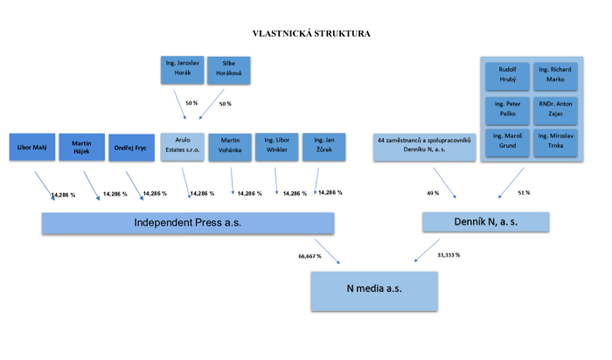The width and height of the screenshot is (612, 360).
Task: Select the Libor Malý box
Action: point(31,149)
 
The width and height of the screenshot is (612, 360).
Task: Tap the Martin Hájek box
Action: point(81,149)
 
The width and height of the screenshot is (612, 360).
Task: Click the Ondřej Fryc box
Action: point(131,149)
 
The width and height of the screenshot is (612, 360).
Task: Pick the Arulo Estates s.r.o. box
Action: point(182,147)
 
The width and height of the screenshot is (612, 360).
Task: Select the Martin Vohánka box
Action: point(230,147)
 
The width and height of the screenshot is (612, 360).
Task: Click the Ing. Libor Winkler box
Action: point(276,147)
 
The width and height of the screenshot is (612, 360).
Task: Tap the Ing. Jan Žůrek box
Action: point(323,147)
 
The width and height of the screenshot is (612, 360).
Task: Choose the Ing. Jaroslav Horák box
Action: point(181,70)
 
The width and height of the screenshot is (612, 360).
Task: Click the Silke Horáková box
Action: point(228,70)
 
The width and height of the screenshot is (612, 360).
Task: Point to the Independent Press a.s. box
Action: point(188,223)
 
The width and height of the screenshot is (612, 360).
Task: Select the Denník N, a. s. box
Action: point(485,223)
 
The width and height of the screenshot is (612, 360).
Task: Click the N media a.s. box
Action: point(372,290)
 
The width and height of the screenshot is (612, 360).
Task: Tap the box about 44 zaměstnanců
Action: point(424,147)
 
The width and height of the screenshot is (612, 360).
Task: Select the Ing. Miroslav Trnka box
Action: point(556,141)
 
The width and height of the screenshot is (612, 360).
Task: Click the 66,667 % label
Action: point(309,256)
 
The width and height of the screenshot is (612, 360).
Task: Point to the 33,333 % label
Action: point(448,255)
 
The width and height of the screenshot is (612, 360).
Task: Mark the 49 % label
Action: point(432,192)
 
